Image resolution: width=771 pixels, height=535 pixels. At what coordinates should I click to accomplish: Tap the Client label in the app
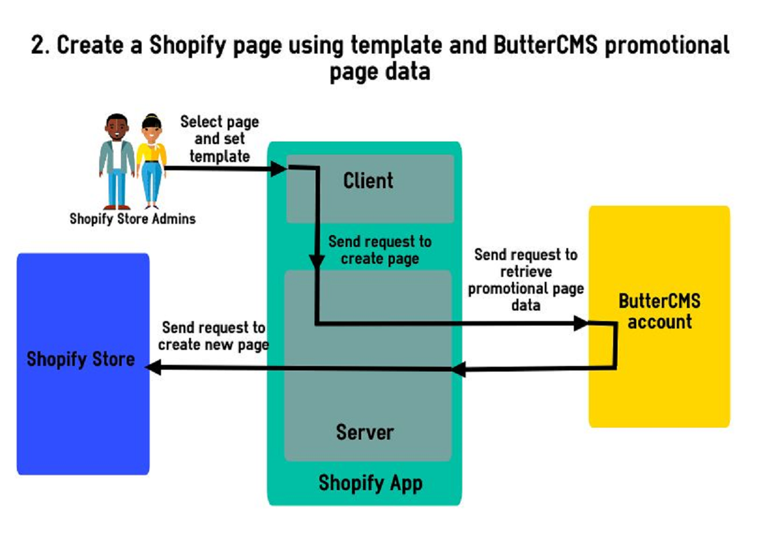point(368,180)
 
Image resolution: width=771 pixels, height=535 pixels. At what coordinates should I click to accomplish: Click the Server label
point(365,432)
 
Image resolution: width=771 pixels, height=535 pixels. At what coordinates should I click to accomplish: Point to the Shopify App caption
point(371,482)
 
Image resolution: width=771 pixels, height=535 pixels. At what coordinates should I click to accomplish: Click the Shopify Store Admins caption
point(132,219)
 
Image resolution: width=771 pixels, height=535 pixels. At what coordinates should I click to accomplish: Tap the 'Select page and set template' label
point(219,139)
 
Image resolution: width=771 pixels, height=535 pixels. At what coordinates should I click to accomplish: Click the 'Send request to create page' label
point(380,250)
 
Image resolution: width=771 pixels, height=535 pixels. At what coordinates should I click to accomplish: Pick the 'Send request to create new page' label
point(213,336)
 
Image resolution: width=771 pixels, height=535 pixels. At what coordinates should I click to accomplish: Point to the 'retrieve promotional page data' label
point(526,280)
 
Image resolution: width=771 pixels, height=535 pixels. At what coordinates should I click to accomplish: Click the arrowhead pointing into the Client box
point(278,169)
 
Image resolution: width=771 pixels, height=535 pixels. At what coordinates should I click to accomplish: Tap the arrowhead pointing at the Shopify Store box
point(154,367)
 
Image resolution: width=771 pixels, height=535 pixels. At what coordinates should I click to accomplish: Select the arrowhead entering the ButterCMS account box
point(581,324)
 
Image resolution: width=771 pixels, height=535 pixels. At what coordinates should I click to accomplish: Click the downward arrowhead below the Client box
point(316,261)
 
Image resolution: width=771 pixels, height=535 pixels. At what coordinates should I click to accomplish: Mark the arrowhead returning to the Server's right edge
point(460,369)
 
